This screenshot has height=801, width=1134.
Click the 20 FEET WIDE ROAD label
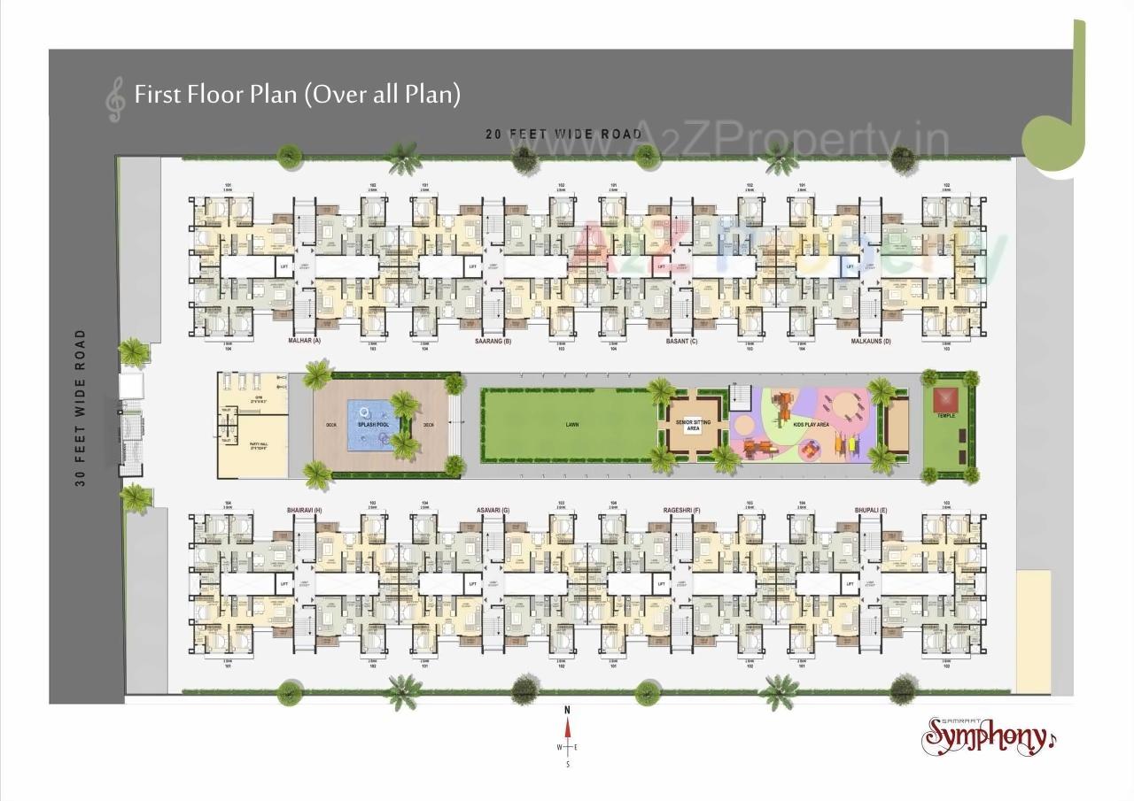pos(563,134)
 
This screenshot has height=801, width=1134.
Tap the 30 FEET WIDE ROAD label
pos(81,407)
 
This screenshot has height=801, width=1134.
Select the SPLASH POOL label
pos(374,425)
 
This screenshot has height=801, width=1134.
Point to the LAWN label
pos(573,425)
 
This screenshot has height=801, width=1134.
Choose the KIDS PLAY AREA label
pos(811,425)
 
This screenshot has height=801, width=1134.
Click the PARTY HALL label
pos(260,445)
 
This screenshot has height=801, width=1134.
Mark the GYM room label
pos(260,399)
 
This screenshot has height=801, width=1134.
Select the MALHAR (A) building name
pos(304,341)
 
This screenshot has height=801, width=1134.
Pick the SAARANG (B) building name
pos(493,341)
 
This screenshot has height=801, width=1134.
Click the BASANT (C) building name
pos(682,341)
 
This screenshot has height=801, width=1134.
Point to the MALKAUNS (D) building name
pos(871,341)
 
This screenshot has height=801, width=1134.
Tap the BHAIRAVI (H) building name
pos(304,511)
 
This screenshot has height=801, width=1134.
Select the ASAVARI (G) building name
pos(493,511)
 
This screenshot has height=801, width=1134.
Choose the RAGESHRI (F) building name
pos(682,511)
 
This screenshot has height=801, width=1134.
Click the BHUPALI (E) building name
pos(872,511)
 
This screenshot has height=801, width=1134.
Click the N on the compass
pos(568,710)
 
